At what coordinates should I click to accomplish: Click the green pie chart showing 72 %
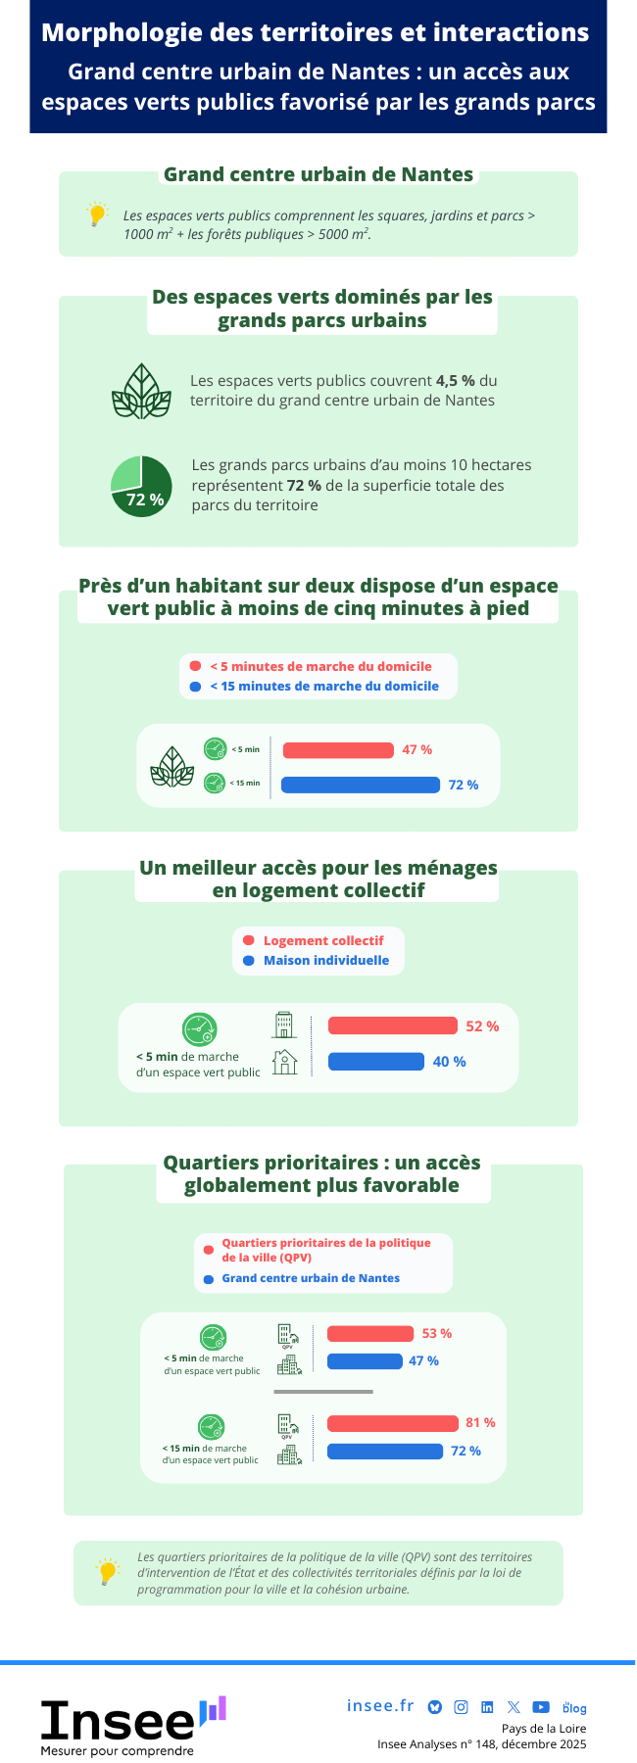(141, 486)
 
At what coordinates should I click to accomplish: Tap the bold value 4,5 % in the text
(456, 381)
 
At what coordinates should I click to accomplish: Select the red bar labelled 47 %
(338, 750)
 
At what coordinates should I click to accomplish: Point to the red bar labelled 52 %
(392, 1025)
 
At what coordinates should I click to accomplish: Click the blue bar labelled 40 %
(376, 1062)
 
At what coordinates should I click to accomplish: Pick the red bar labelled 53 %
(370, 1334)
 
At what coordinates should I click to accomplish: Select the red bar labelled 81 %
(393, 1423)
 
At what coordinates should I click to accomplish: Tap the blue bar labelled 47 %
(365, 1361)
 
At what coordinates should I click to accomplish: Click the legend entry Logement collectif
(322, 940)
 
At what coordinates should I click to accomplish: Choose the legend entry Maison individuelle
(325, 961)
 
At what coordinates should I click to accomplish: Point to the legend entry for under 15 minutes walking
(323, 687)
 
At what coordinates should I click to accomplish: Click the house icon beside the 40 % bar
(285, 1062)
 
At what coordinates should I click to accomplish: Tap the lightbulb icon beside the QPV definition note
(108, 1572)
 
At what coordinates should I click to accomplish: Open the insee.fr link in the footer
(380, 1706)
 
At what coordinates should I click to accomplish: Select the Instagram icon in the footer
(461, 1707)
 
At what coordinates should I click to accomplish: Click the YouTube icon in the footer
(541, 1707)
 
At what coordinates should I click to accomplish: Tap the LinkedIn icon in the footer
(487, 1707)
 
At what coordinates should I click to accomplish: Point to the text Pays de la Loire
(544, 1729)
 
